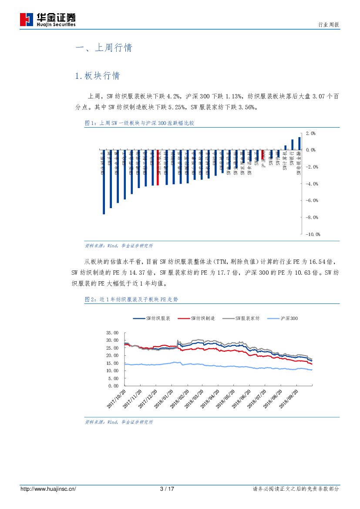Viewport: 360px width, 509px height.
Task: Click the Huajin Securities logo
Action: click(48, 19)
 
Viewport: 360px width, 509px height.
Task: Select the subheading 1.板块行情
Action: click(97, 76)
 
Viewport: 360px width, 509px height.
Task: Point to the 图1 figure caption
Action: click(139, 123)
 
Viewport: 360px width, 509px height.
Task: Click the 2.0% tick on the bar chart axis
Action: click(310, 133)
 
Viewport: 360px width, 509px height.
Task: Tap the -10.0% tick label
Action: click(312, 234)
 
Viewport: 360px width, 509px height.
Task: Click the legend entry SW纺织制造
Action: click(196, 318)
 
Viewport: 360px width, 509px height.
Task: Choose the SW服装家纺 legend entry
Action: click(241, 318)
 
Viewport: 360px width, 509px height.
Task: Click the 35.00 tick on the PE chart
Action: click(112, 332)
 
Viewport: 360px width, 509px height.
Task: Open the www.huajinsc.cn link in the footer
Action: click(48, 489)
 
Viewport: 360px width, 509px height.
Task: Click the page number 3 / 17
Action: click(168, 489)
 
